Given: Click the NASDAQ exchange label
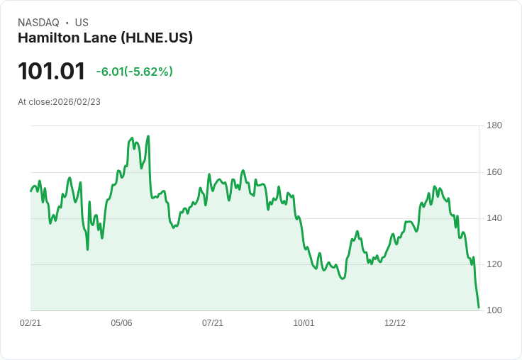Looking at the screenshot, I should coord(38,23).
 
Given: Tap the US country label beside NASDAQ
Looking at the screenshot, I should coord(82,23).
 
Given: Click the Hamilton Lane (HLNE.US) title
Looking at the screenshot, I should coord(105,38).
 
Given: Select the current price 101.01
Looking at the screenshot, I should coord(51,72).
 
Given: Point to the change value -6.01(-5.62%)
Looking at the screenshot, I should coord(134,72).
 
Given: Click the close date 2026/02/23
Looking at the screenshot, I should coord(77,102).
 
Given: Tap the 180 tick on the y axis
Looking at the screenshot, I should coord(494,126).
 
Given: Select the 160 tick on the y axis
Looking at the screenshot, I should coord(494,172).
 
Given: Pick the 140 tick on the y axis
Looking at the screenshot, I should coord(494,218).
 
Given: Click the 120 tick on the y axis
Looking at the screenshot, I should coord(494,264).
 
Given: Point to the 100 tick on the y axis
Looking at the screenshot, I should coord(494,310).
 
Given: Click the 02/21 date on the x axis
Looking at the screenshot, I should coord(30,323).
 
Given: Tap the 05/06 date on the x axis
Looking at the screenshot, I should coord(121,323).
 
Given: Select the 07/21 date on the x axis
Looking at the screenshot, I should coord(213,323).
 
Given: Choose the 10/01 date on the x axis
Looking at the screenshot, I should coord(304,323).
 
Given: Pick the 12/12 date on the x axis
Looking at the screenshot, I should coord(395,323).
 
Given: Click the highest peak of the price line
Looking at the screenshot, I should coord(148,136).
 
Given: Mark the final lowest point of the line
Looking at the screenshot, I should coord(479,308).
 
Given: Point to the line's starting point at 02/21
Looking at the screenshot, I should coord(30,191).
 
